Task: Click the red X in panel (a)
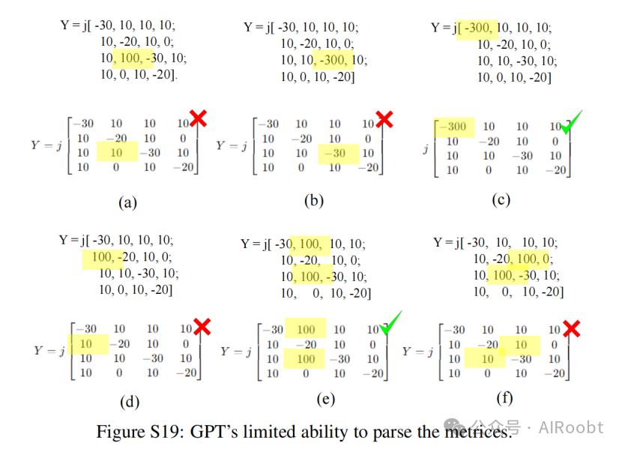click(x=198, y=118)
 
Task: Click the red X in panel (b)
click(x=384, y=118)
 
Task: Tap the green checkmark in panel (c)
click(x=572, y=122)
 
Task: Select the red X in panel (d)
click(x=202, y=325)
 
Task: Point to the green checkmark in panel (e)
click(x=390, y=324)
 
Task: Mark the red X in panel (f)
click(x=571, y=327)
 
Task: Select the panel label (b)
click(x=312, y=200)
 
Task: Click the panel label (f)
click(x=504, y=398)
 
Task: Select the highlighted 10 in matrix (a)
click(x=116, y=153)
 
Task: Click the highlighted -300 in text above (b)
click(x=333, y=61)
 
